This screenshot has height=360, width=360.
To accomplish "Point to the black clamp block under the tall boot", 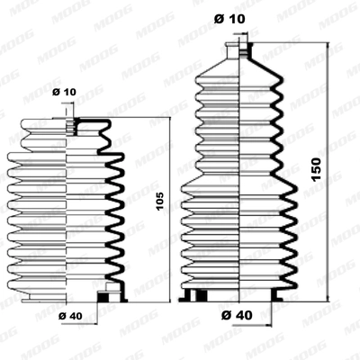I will point(201,296).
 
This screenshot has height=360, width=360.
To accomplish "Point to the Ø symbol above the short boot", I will point(56,92).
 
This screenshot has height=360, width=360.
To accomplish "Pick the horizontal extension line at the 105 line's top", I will point(126,117).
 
